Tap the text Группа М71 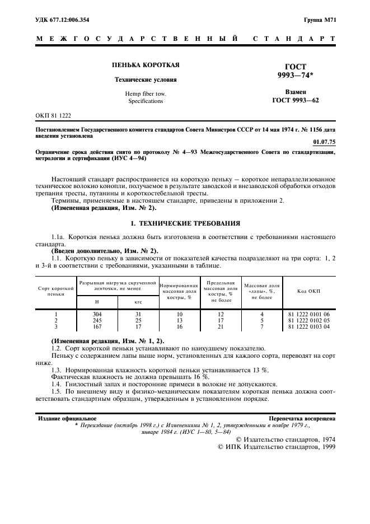pyautogui.click(x=320, y=20)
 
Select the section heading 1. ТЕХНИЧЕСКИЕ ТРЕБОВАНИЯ pyautogui.click(x=185, y=223)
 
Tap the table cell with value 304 pyautogui.click(x=96, y=314)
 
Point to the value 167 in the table pyautogui.click(x=96, y=326)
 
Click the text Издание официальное pyautogui.click(x=67, y=418)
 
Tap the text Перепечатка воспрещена pyautogui.click(x=302, y=418)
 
